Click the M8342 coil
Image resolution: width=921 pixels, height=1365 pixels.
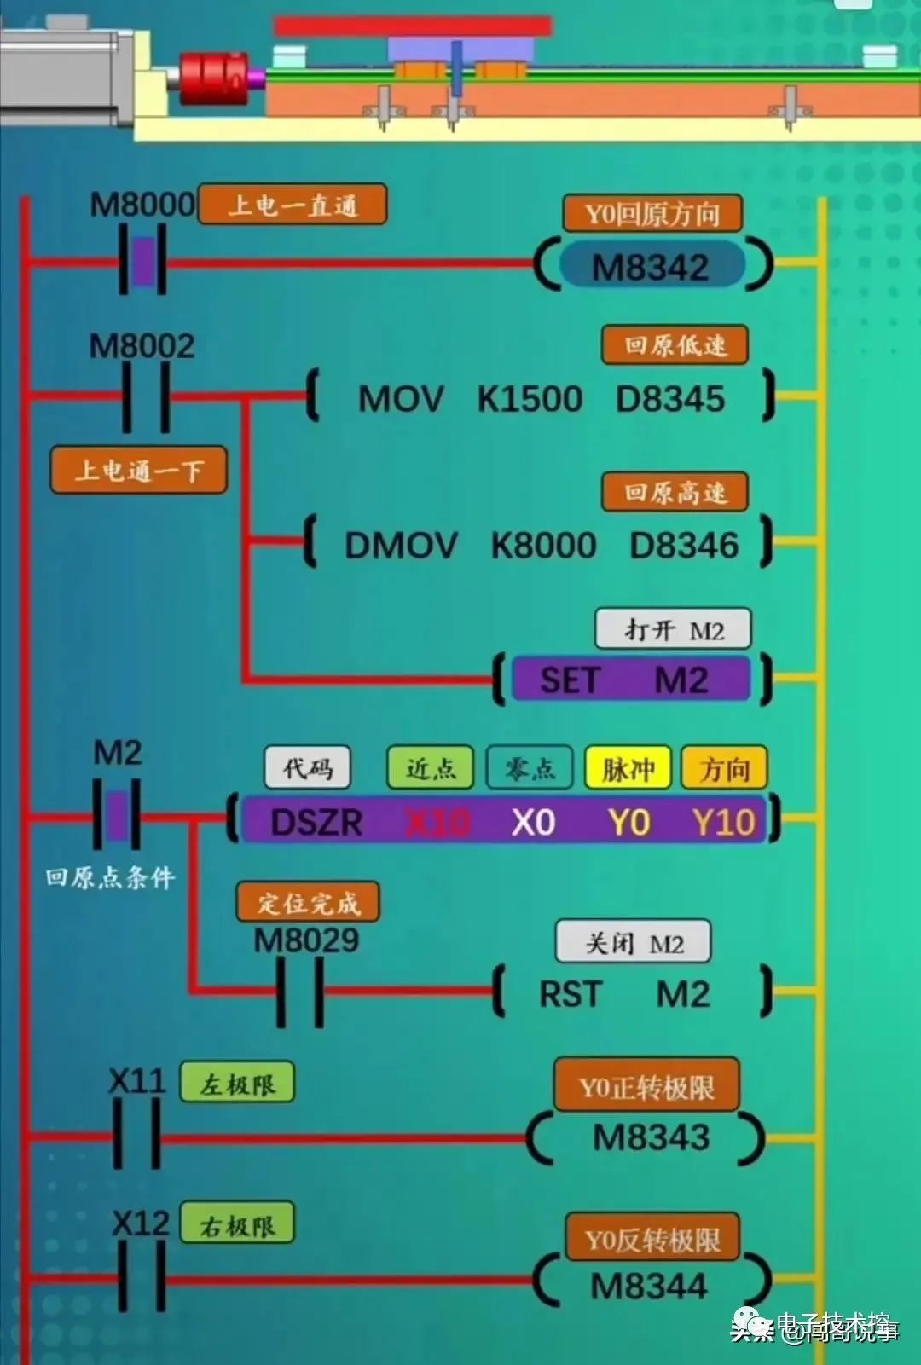click(652, 267)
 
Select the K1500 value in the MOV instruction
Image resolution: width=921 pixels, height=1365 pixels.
click(530, 399)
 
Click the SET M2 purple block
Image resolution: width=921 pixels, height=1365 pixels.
click(630, 680)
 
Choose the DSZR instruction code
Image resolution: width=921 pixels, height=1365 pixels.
click(316, 822)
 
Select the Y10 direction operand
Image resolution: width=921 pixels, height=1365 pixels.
click(724, 822)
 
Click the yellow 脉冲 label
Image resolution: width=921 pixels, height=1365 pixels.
click(628, 769)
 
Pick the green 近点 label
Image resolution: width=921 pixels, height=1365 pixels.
click(431, 768)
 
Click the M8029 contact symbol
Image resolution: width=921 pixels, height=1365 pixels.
click(300, 991)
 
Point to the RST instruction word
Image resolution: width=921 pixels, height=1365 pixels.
click(571, 994)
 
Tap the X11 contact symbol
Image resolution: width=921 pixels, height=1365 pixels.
click(136, 1135)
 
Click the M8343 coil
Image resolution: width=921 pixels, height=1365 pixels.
click(652, 1137)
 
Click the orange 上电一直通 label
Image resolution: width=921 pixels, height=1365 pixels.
click(293, 205)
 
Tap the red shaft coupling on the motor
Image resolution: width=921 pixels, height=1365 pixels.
click(212, 78)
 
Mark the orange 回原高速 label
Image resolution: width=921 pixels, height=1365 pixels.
click(675, 492)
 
